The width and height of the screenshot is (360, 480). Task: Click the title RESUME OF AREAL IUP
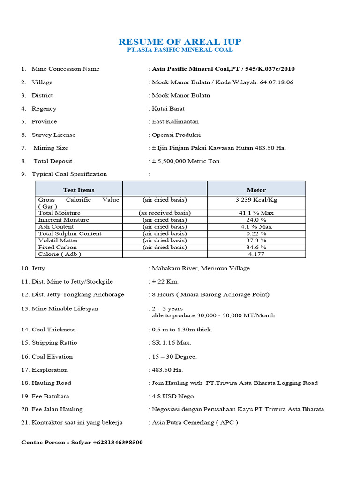[180, 41]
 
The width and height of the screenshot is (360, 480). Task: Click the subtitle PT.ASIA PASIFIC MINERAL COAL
[180, 49]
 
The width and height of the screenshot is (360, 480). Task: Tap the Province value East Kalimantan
[175, 121]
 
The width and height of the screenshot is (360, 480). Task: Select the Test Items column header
[79, 190]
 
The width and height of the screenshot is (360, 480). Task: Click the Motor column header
[256, 190]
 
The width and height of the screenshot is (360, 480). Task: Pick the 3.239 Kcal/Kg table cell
[256, 199]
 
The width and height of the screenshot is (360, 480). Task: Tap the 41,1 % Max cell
[256, 213]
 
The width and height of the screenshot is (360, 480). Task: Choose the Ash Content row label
[56, 226]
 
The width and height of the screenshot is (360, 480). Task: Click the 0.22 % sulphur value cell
[256, 233]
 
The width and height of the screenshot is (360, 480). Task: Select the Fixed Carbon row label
[57, 247]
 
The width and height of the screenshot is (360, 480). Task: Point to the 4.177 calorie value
[256, 254]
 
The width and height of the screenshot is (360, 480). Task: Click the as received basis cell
[165, 213]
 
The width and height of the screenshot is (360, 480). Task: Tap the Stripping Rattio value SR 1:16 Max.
[171, 343]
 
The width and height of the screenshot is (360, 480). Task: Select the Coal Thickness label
[53, 330]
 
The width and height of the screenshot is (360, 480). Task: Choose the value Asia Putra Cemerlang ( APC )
[195, 422]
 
